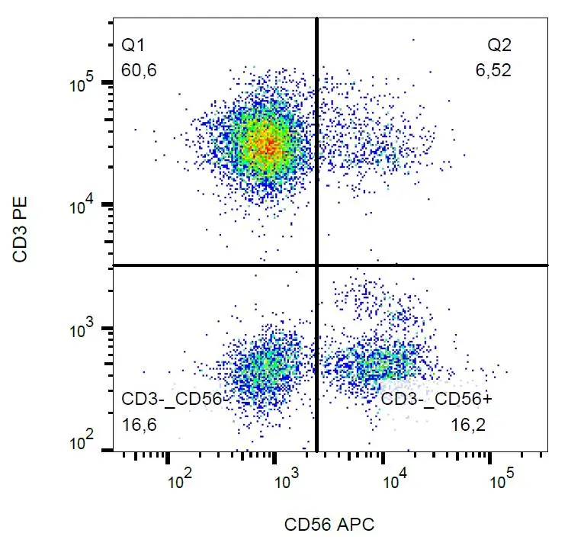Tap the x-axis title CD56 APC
click(x=329, y=525)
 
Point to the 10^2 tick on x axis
click(x=179, y=482)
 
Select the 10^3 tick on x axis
click(x=286, y=482)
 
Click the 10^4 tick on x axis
click(x=394, y=482)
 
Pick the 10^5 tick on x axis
click(x=501, y=482)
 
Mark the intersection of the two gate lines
click(x=316, y=265)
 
